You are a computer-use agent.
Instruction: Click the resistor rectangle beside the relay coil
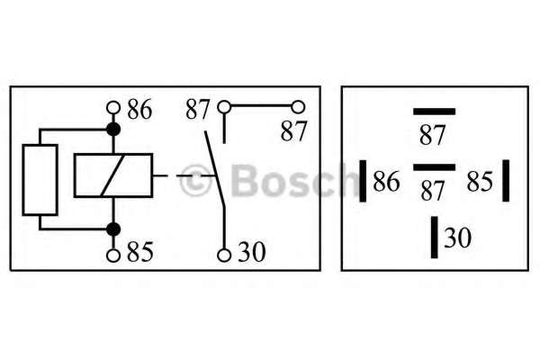coord(40,178)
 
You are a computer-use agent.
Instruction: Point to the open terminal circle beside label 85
coord(113,255)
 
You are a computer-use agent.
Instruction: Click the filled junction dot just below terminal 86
coord(113,130)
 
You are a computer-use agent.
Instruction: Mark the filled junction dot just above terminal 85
coord(113,229)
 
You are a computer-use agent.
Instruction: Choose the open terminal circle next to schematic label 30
coord(224,255)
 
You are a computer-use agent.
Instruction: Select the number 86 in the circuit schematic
coord(139,110)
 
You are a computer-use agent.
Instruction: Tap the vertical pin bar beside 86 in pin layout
coord(362,181)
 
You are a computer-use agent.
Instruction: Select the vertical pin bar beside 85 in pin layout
coord(506,181)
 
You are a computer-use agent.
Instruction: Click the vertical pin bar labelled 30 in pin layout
coord(434,237)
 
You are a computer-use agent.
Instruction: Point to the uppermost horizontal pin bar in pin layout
coord(434,111)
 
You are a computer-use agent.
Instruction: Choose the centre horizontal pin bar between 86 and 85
coord(434,166)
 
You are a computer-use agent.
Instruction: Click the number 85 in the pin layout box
coord(480,183)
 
